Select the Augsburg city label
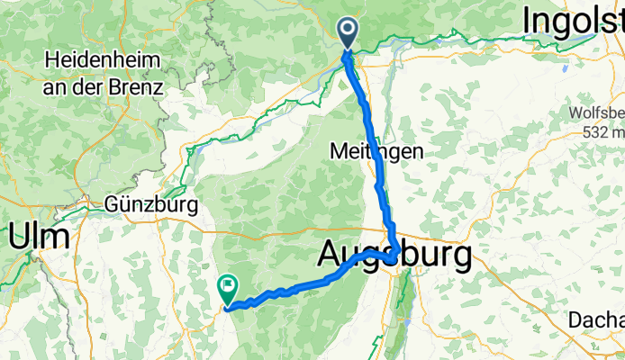[394, 257]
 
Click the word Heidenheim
[103, 61]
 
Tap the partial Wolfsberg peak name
[596, 113]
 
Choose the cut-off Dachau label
[596, 319]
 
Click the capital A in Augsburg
[331, 257]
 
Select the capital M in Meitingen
[337, 152]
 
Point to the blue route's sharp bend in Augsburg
[396, 254]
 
